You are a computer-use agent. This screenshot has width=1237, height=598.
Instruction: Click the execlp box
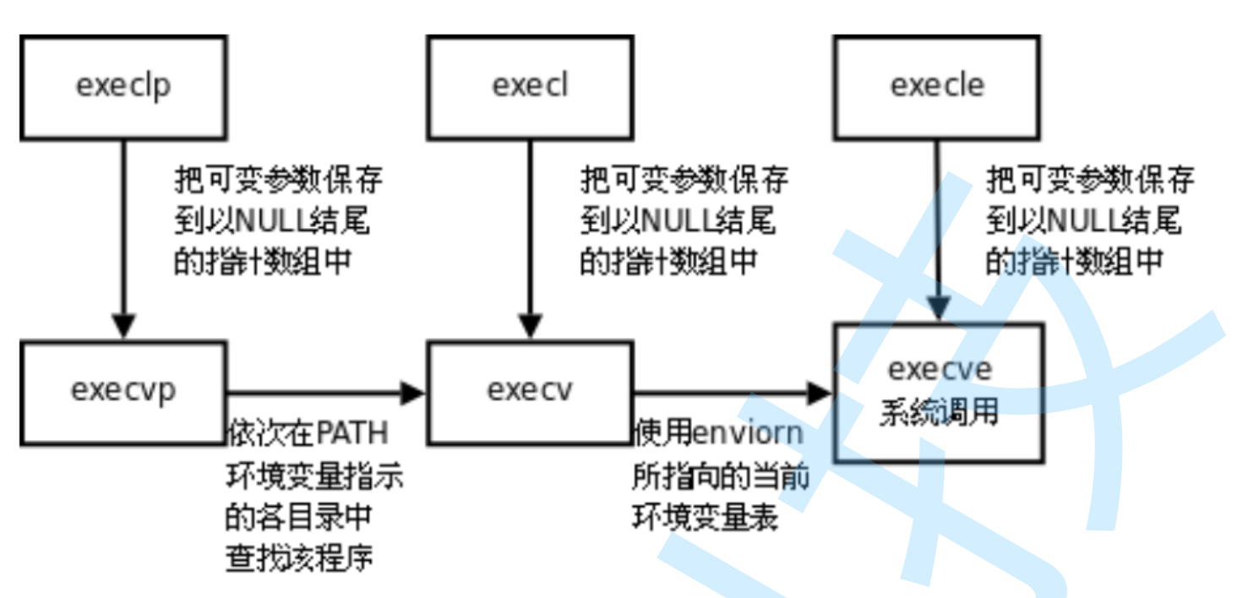[123, 88]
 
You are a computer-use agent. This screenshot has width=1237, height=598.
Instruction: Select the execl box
[530, 88]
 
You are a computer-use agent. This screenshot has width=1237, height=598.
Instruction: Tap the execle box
[937, 88]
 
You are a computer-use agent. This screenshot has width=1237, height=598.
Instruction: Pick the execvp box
[123, 393]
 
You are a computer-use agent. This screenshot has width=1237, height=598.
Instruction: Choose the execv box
[530, 393]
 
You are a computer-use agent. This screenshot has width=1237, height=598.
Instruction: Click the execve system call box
[939, 392]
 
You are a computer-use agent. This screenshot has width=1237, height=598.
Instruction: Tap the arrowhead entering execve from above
[937, 309]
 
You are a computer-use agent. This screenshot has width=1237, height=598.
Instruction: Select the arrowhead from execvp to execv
[413, 393]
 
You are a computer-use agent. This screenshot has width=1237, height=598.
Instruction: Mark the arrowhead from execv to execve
[820, 393]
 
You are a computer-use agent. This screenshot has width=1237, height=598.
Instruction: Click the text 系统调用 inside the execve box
[939, 413]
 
